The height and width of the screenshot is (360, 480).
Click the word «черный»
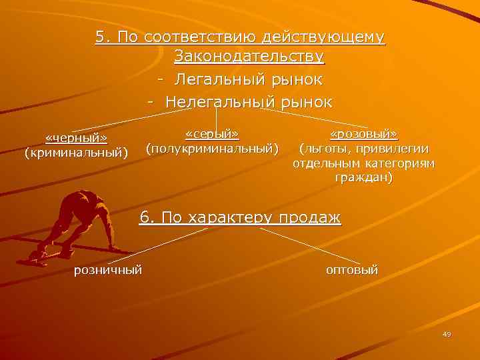click(76, 138)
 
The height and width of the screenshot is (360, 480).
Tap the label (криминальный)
click(76, 153)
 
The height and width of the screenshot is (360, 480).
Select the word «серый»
click(212, 133)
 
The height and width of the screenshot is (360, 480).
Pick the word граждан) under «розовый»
click(364, 178)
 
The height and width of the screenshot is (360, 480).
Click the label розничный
click(108, 270)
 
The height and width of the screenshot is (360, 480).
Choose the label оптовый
click(351, 270)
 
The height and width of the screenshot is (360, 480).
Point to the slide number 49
click(446, 334)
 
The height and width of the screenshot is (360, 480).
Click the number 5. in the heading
click(103, 37)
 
